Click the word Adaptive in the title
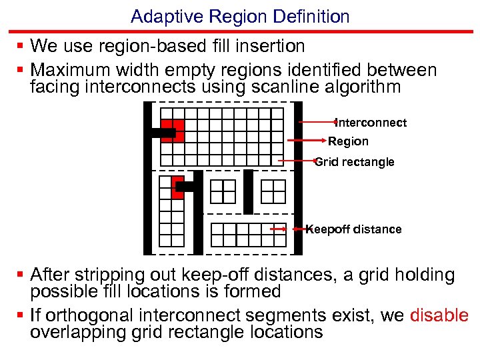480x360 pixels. (x=157, y=17)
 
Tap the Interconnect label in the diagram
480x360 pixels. (x=371, y=123)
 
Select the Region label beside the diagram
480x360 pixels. (x=348, y=141)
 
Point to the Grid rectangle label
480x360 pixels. (x=355, y=162)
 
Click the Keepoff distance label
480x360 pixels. (x=354, y=229)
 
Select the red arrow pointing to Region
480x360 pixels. (x=307, y=141)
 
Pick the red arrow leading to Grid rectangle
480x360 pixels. (x=296, y=161)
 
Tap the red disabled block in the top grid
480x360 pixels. (x=175, y=130)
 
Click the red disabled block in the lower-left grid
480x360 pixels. (x=177, y=189)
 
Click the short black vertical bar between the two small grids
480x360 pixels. (x=248, y=191)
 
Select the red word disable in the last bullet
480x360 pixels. (x=439, y=316)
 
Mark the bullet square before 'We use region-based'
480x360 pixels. (x=21, y=46)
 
